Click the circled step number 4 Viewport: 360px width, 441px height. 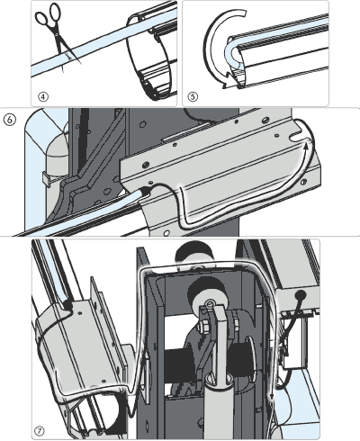pyautogui.click(x=43, y=96)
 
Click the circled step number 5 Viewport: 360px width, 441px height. pyautogui.click(x=193, y=96)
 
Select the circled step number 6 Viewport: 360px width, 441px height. pyautogui.click(x=9, y=120)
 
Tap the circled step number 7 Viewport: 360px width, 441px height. pyautogui.click(x=40, y=431)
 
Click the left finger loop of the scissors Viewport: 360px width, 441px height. pyautogui.click(x=41, y=19)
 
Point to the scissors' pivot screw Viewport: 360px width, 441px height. pyautogui.click(x=57, y=35)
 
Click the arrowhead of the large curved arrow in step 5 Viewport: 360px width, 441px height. pyautogui.click(x=228, y=80)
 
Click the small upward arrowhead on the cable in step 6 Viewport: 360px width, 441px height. pyautogui.click(x=306, y=146)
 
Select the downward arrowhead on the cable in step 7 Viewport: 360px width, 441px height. pyautogui.click(x=272, y=398)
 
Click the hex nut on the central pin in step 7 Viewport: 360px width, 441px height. pyautogui.click(x=203, y=326)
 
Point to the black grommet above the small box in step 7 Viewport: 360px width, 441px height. pyautogui.click(x=301, y=294)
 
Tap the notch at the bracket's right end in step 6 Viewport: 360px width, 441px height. pyautogui.click(x=295, y=137)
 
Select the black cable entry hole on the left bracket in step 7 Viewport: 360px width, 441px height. pyautogui.click(x=67, y=305)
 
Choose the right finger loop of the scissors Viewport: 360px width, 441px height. pyautogui.click(x=55, y=13)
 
